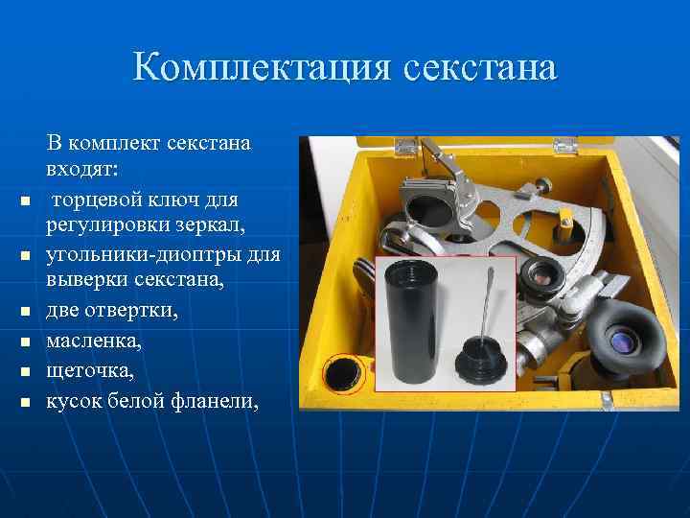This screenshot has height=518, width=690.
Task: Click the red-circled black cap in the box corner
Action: point(342,374)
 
